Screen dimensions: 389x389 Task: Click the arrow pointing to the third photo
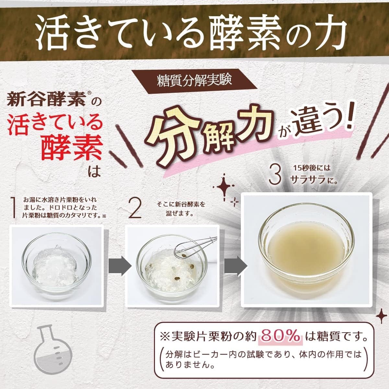236,266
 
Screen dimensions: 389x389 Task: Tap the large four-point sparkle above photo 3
223,187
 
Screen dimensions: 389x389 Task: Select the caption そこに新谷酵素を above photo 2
181,205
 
